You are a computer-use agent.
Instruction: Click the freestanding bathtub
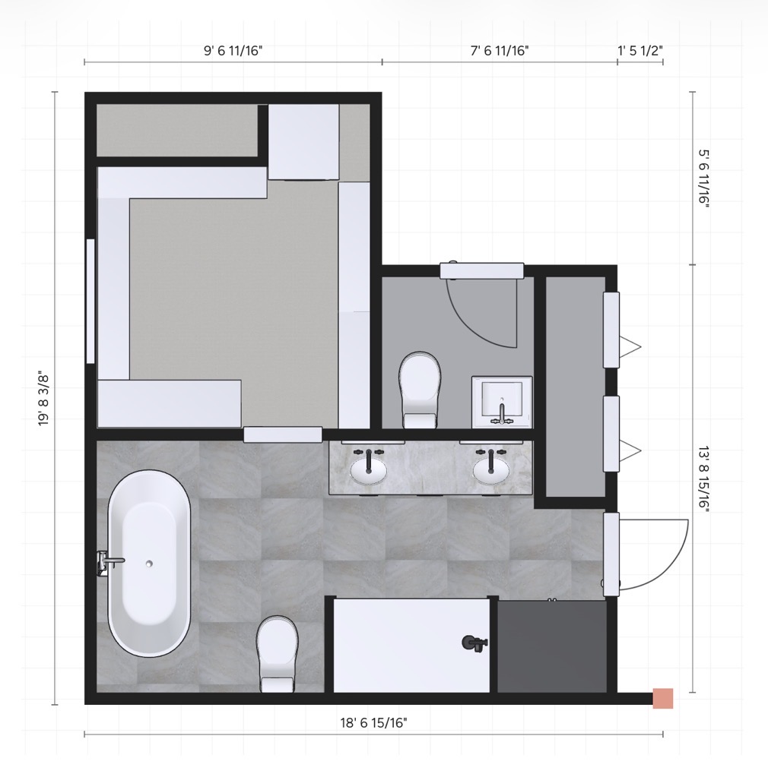(x=149, y=564)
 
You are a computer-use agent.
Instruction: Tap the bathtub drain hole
(x=149, y=564)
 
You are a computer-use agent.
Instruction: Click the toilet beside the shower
(x=278, y=653)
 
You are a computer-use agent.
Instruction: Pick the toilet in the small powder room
(x=420, y=390)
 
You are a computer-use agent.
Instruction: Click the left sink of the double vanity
(x=368, y=470)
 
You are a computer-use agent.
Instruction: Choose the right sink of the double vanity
(x=490, y=470)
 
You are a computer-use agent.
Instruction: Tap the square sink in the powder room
(x=502, y=401)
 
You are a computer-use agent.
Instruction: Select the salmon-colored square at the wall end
(x=663, y=698)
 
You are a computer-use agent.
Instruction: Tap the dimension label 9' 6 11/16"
(x=233, y=51)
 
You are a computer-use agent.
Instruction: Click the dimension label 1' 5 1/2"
(x=640, y=51)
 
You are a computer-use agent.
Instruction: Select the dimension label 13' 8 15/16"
(x=704, y=479)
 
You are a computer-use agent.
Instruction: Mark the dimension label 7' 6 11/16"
(x=500, y=51)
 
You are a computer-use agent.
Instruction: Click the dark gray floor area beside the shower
(x=552, y=646)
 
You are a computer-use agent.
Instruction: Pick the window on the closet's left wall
(x=90, y=302)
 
